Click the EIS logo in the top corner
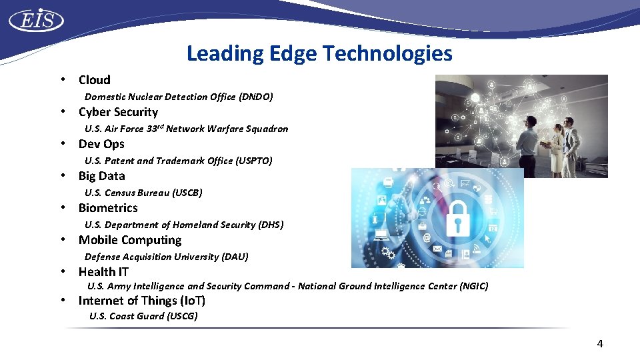[36, 20]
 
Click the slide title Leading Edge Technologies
[319, 53]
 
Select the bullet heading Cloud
[94, 80]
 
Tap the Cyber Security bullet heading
[118, 112]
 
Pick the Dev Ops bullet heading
[101, 144]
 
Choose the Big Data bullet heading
[101, 176]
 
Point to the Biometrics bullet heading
[108, 208]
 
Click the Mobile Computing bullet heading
[129, 240]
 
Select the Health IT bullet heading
[103, 272]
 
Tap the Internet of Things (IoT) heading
[141, 301]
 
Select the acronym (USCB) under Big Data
[187, 193]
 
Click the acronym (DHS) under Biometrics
[271, 225]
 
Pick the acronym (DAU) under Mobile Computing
[235, 257]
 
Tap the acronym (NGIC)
[474, 286]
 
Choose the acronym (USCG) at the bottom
[182, 316]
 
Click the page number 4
[599, 344]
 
